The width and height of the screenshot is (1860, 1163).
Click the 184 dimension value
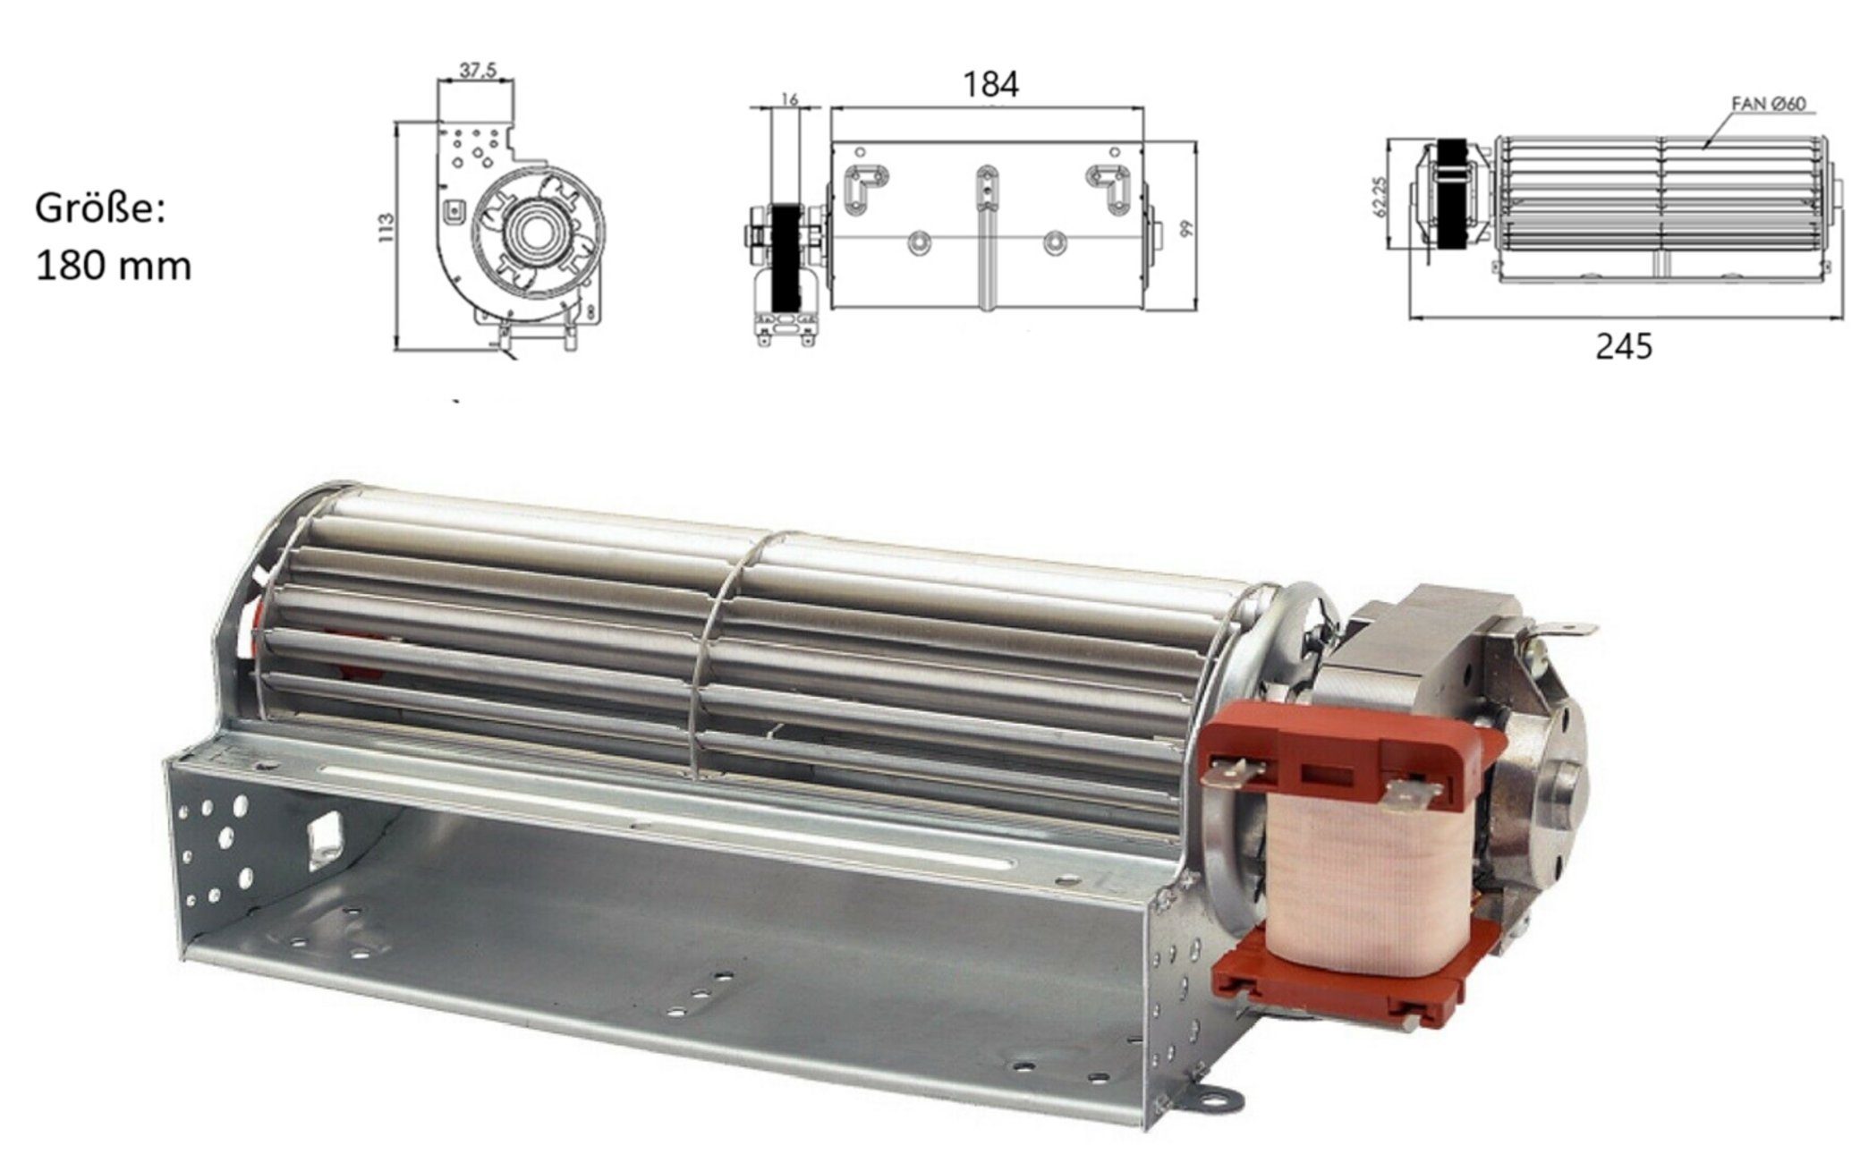pyautogui.click(x=990, y=84)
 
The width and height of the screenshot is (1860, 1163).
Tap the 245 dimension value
pyautogui.click(x=1623, y=346)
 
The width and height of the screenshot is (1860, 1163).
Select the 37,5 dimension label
pyautogui.click(x=478, y=70)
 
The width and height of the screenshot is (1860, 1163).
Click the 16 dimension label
pyautogui.click(x=789, y=98)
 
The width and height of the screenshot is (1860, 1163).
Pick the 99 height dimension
pyautogui.click(x=1187, y=228)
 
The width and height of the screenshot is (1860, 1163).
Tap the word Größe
pyautogui.click(x=99, y=211)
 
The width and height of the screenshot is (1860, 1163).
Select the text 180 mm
pyautogui.click(x=114, y=267)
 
